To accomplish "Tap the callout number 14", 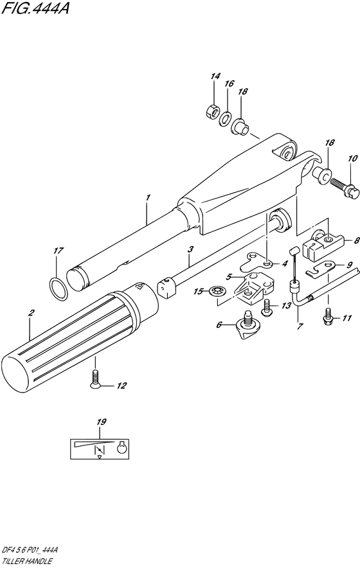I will point(215,77).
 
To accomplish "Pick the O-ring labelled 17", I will point(57,288).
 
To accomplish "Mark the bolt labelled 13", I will point(266,311).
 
